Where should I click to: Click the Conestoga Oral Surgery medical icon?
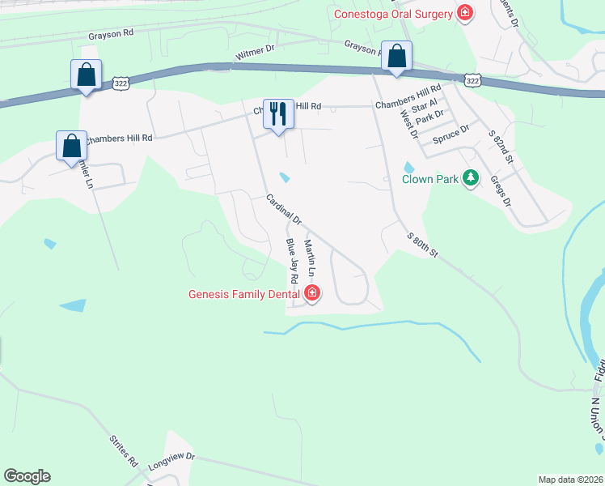[x=465, y=12]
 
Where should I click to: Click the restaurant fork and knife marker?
[x=278, y=113]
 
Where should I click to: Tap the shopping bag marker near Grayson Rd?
[x=396, y=56]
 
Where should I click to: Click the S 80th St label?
[x=421, y=244]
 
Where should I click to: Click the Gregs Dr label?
[x=501, y=191]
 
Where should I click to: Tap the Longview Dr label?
[x=172, y=463]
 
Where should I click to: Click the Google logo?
[x=27, y=476]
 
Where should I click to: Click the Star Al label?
[x=424, y=106]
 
